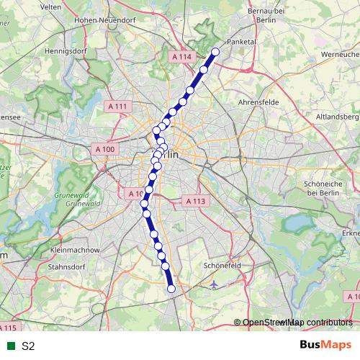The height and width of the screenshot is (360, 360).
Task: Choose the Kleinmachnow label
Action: (x=77, y=250)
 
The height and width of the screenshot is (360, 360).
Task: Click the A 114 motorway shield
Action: (x=183, y=56)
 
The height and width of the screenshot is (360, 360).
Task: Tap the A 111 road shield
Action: (x=117, y=107)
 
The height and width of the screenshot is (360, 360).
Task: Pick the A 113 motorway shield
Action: (x=195, y=201)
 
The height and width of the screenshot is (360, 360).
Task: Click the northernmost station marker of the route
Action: (x=215, y=52)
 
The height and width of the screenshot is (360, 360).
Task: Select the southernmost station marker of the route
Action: (x=171, y=289)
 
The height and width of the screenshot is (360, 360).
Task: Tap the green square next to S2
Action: (x=11, y=346)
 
